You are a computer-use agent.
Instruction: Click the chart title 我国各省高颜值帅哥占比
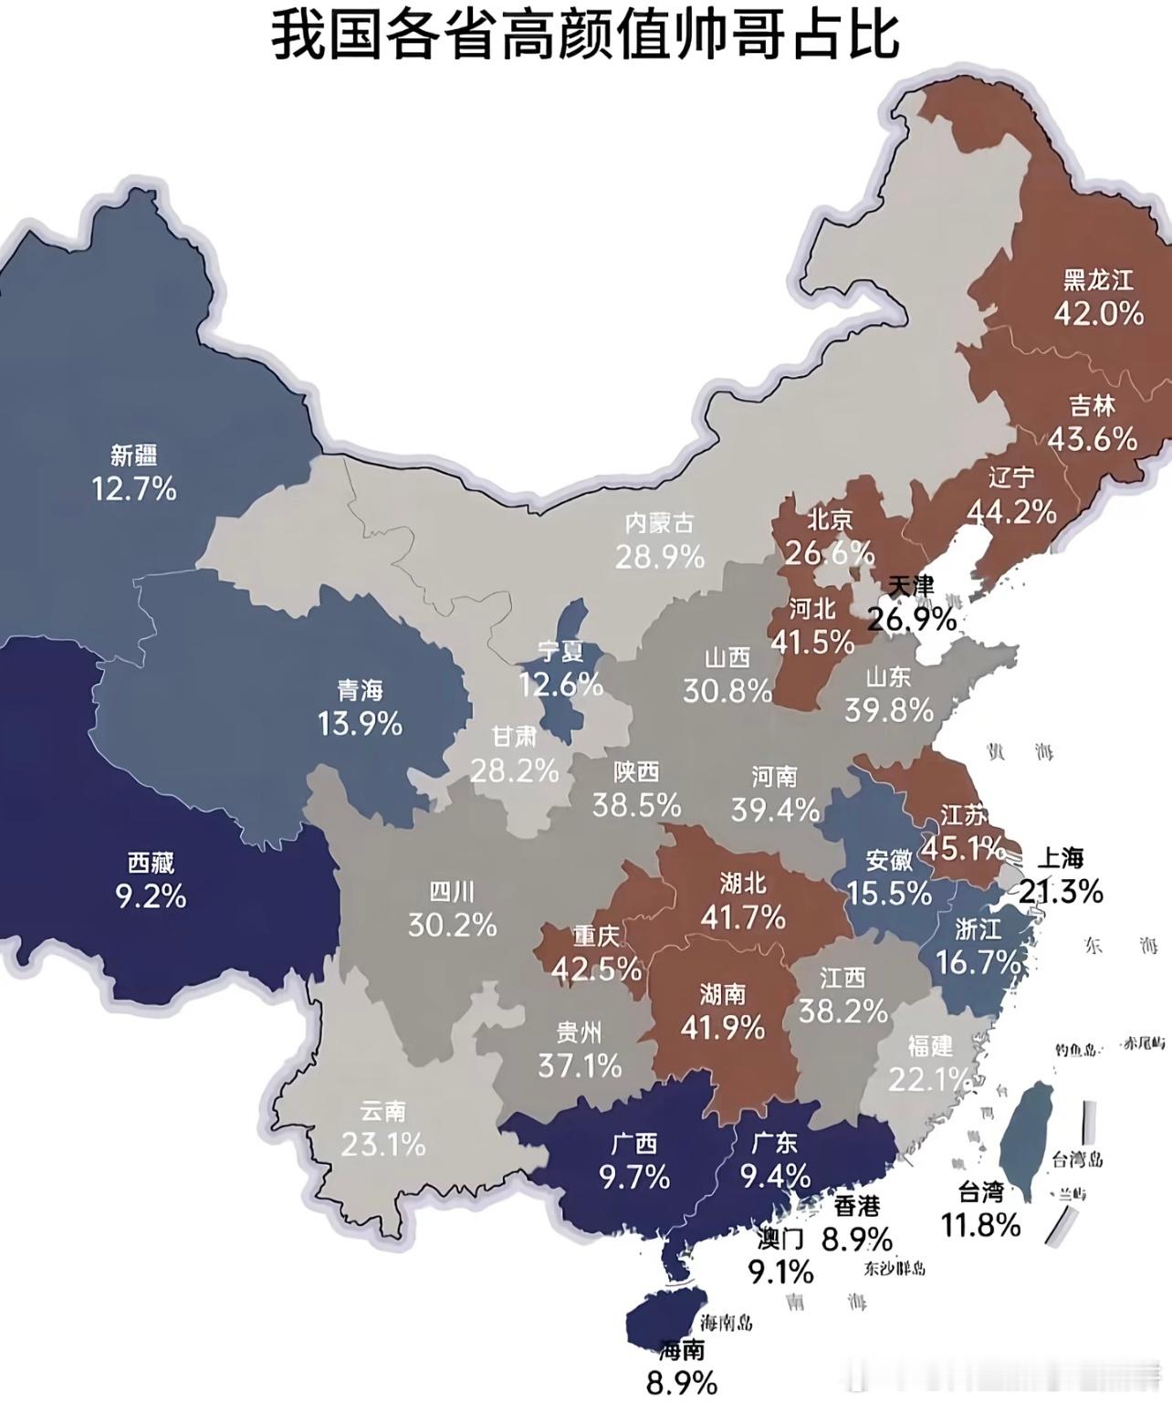[586, 37]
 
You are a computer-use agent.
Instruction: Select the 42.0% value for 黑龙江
[1098, 314]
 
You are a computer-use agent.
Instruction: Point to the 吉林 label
[1092, 405]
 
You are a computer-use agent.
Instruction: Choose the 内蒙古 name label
[659, 523]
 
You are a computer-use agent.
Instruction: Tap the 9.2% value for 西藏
[151, 896]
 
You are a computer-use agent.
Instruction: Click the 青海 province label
[360, 689]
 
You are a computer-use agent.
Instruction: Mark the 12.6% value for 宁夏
[560, 684]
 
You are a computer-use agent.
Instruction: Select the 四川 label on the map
[452, 891]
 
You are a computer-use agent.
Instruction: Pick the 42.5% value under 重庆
[596, 969]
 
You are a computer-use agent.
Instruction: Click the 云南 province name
[382, 1111]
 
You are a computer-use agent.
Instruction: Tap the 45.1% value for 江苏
[963, 848]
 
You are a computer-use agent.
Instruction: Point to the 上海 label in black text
[1061, 858]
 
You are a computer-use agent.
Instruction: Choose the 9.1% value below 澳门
[780, 1271]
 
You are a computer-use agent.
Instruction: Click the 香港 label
[856, 1206]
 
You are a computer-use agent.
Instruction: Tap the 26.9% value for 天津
[911, 619]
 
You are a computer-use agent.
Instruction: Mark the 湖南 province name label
[722, 993]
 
